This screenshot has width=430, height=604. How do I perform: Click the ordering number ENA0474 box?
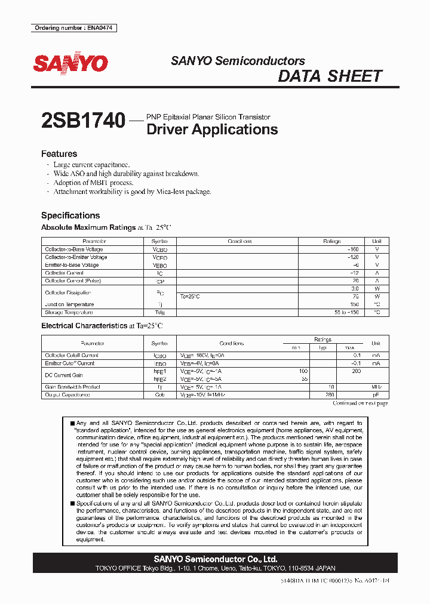[x=73, y=28]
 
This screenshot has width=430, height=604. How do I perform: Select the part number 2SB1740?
[x=83, y=122]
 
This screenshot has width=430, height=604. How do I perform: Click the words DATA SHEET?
[x=330, y=76]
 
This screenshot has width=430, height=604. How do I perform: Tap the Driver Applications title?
[x=212, y=130]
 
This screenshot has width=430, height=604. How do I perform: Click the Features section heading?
[x=59, y=153]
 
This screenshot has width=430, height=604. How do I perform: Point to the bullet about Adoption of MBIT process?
[x=93, y=183]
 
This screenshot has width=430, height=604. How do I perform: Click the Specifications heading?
[x=70, y=215]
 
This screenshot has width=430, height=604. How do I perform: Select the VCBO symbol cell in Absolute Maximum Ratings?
[x=160, y=249]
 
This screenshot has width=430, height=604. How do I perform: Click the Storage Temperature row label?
[x=69, y=312]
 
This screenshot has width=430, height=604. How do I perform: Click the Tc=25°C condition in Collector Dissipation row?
[x=191, y=297]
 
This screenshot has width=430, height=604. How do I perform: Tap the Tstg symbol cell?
[x=160, y=312]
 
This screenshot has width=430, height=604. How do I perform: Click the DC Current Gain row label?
[x=63, y=375]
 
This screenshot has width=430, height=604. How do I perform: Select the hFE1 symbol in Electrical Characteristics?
[x=160, y=371]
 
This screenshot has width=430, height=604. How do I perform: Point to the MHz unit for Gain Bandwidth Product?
[x=376, y=387]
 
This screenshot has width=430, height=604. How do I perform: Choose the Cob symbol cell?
[x=160, y=395]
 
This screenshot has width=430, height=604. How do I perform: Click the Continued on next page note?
[x=360, y=403]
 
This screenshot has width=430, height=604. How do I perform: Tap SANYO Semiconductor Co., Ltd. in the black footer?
[x=215, y=559]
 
